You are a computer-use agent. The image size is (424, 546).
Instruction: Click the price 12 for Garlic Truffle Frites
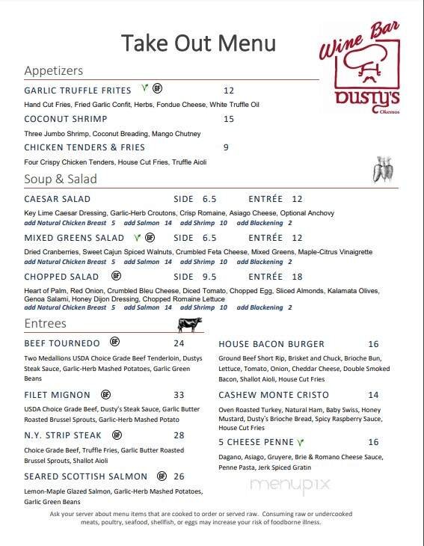coord(229,91)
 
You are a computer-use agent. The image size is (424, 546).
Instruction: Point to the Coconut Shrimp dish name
coord(66,119)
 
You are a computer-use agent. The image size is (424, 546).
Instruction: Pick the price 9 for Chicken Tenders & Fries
coord(226,147)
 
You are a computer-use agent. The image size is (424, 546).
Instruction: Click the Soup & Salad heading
coord(61,180)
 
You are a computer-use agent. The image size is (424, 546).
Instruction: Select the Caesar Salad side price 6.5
coord(209,199)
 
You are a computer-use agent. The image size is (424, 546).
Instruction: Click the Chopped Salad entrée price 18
coord(297,277)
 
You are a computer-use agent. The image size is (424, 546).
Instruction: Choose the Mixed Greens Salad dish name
coord(74,238)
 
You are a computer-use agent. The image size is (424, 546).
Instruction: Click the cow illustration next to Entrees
coord(190,324)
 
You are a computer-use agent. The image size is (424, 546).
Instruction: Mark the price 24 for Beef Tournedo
coord(179,343)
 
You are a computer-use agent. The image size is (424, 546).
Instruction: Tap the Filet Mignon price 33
coord(179,395)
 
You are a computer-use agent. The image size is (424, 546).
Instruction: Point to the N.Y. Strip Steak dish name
coord(63,435)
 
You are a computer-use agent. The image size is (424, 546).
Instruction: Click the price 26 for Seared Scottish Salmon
coord(179,476)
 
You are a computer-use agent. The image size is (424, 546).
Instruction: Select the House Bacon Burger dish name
coord(271,344)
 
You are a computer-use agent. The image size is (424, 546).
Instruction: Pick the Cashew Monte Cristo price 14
coord(373,395)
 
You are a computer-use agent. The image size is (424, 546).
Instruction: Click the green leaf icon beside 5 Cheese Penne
coord(299,442)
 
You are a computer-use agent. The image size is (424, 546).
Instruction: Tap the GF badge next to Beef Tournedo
coord(115,343)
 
